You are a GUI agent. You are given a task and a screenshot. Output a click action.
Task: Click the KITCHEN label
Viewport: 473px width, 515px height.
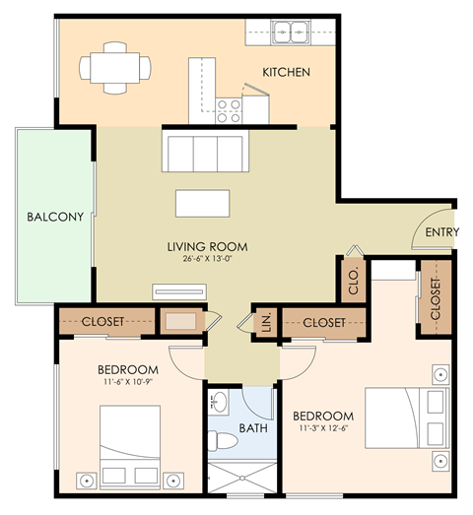click(x=286, y=73)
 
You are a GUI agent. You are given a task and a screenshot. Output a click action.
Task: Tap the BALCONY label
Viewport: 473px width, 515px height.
click(x=48, y=217)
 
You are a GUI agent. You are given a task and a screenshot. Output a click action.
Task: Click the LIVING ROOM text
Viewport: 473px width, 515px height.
click(x=207, y=246)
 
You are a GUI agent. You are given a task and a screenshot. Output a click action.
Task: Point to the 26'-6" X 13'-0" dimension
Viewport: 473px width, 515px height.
click(x=207, y=260)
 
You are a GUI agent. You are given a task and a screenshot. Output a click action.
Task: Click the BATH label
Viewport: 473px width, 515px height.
click(x=253, y=429)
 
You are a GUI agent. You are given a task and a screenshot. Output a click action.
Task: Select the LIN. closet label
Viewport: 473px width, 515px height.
click(x=264, y=322)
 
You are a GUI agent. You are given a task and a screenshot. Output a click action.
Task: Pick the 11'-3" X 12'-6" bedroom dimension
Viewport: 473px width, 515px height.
click(x=323, y=429)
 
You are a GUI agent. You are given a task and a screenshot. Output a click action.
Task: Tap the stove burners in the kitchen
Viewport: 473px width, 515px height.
click(x=230, y=107)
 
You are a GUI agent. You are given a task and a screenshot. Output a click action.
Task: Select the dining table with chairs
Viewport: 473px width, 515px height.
click(x=115, y=68)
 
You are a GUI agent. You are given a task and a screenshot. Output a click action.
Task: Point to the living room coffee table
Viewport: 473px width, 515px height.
click(x=203, y=202)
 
